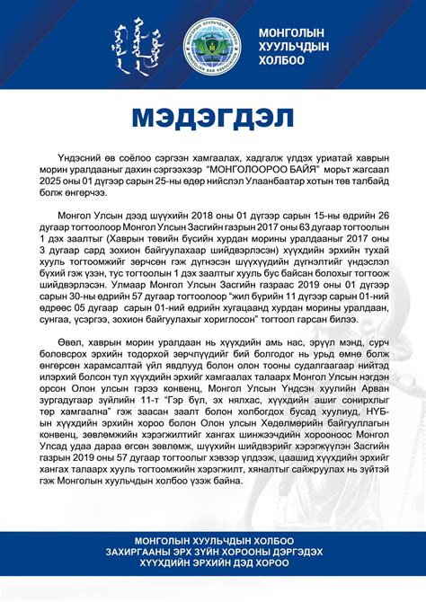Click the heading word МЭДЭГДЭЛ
click(213, 118)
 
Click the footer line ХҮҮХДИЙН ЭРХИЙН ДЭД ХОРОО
click(213, 563)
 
